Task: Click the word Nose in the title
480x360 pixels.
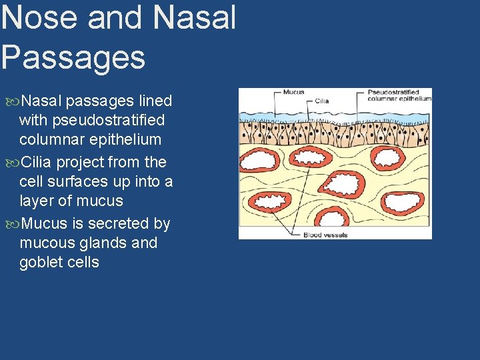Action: pyautogui.click(x=40, y=18)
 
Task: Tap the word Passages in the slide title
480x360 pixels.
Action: pyautogui.click(x=73, y=57)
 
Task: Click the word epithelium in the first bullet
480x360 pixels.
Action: pyautogui.click(x=125, y=140)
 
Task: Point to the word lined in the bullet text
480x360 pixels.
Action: pyautogui.click(x=155, y=101)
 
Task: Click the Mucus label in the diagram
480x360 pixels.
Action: pyautogui.click(x=293, y=93)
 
